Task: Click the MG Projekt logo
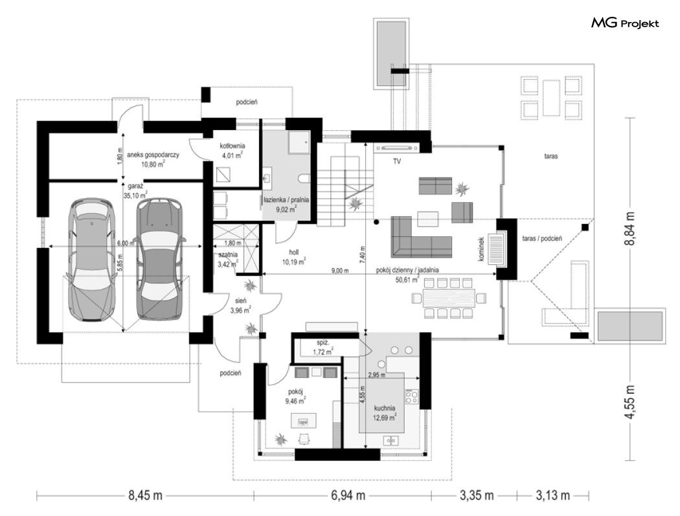point(625,23)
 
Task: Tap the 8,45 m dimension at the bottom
point(145,495)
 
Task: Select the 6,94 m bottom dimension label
point(348,495)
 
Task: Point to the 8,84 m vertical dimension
point(630,229)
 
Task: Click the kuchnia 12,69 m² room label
point(385,413)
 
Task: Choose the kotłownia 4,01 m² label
point(232,150)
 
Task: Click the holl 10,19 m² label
point(293,257)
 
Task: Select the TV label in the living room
point(397,161)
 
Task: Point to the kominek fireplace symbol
point(497,249)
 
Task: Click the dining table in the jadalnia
point(448,298)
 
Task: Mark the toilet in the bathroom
point(304,178)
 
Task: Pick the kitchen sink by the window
point(391,440)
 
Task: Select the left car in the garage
point(93,260)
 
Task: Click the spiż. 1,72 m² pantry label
point(323,347)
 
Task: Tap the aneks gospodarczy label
point(153,159)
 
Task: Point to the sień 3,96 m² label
point(241,305)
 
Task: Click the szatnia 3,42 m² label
point(227,259)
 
